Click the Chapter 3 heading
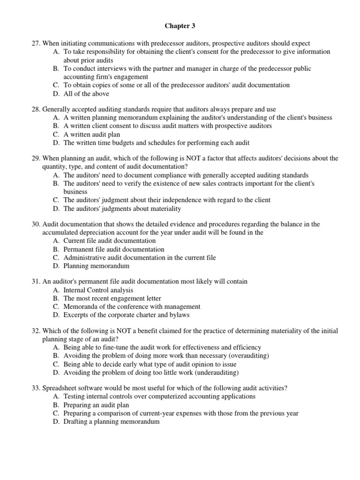(x=180, y=27)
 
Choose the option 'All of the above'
(x=86, y=94)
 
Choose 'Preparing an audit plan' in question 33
(x=97, y=405)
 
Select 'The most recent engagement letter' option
(x=112, y=299)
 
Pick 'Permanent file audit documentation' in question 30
(x=114, y=249)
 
